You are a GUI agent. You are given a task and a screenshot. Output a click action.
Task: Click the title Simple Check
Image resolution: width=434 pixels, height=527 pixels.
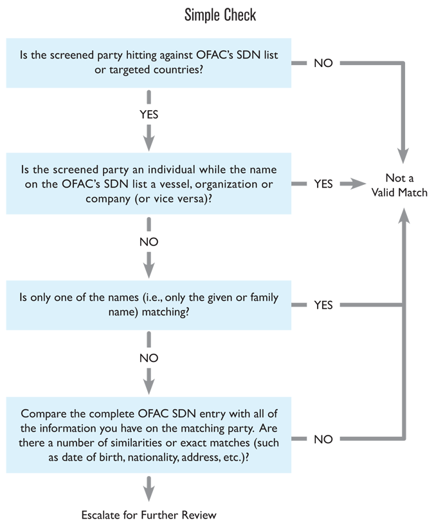tap(219, 14)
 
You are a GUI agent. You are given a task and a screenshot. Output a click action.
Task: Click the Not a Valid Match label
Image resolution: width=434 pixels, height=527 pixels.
tap(399, 184)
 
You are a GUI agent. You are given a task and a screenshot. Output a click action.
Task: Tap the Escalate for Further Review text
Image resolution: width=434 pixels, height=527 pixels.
tap(149, 514)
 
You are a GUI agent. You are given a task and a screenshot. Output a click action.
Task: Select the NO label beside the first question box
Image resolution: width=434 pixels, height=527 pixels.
tap(323, 63)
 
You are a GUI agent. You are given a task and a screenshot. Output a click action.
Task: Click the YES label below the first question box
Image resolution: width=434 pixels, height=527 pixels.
tap(149, 115)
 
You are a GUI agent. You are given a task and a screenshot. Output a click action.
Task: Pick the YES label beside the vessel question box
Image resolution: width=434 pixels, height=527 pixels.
tap(323, 184)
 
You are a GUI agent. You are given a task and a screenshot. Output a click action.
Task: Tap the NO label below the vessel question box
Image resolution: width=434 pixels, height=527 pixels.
tap(149, 242)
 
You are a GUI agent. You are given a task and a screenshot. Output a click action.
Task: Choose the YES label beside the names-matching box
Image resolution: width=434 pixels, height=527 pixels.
tap(323, 305)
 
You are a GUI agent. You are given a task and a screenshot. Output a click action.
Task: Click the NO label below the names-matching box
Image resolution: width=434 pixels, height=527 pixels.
tap(149, 357)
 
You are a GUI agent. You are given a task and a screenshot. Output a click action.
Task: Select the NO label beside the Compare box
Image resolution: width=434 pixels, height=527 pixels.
tap(323, 439)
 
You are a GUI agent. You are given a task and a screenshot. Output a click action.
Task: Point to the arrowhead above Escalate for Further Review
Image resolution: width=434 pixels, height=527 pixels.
tap(149, 493)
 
